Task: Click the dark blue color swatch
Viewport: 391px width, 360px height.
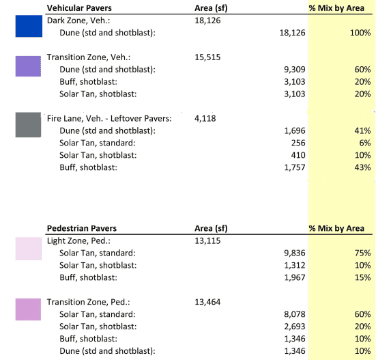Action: [29, 26]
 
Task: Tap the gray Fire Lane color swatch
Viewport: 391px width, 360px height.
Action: [28, 125]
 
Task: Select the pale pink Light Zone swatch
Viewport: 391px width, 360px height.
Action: [29, 249]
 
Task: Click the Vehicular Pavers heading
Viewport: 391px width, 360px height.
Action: [79, 8]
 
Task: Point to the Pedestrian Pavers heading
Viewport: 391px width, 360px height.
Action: [82, 228]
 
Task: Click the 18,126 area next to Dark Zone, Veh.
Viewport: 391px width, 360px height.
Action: [207, 20]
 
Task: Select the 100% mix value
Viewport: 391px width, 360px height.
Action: [360, 33]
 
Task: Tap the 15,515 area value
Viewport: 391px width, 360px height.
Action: [207, 57]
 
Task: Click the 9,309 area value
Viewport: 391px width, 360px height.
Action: [295, 70]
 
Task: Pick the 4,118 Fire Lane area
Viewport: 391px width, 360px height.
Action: [205, 118]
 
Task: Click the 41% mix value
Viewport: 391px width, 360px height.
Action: [362, 130]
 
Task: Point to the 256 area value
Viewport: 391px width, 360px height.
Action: [298, 143]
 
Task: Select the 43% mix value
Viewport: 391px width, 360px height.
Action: [362, 167]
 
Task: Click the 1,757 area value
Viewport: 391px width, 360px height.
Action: [295, 167]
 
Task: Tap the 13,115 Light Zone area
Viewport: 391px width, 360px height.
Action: [207, 240]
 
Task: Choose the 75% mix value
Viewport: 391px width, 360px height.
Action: [362, 253]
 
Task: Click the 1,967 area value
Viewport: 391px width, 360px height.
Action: [295, 277]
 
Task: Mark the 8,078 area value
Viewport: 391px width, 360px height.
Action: [295, 314]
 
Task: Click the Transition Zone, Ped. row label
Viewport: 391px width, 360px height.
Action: [89, 302]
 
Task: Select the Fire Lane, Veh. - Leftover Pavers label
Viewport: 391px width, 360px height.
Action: [109, 118]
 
